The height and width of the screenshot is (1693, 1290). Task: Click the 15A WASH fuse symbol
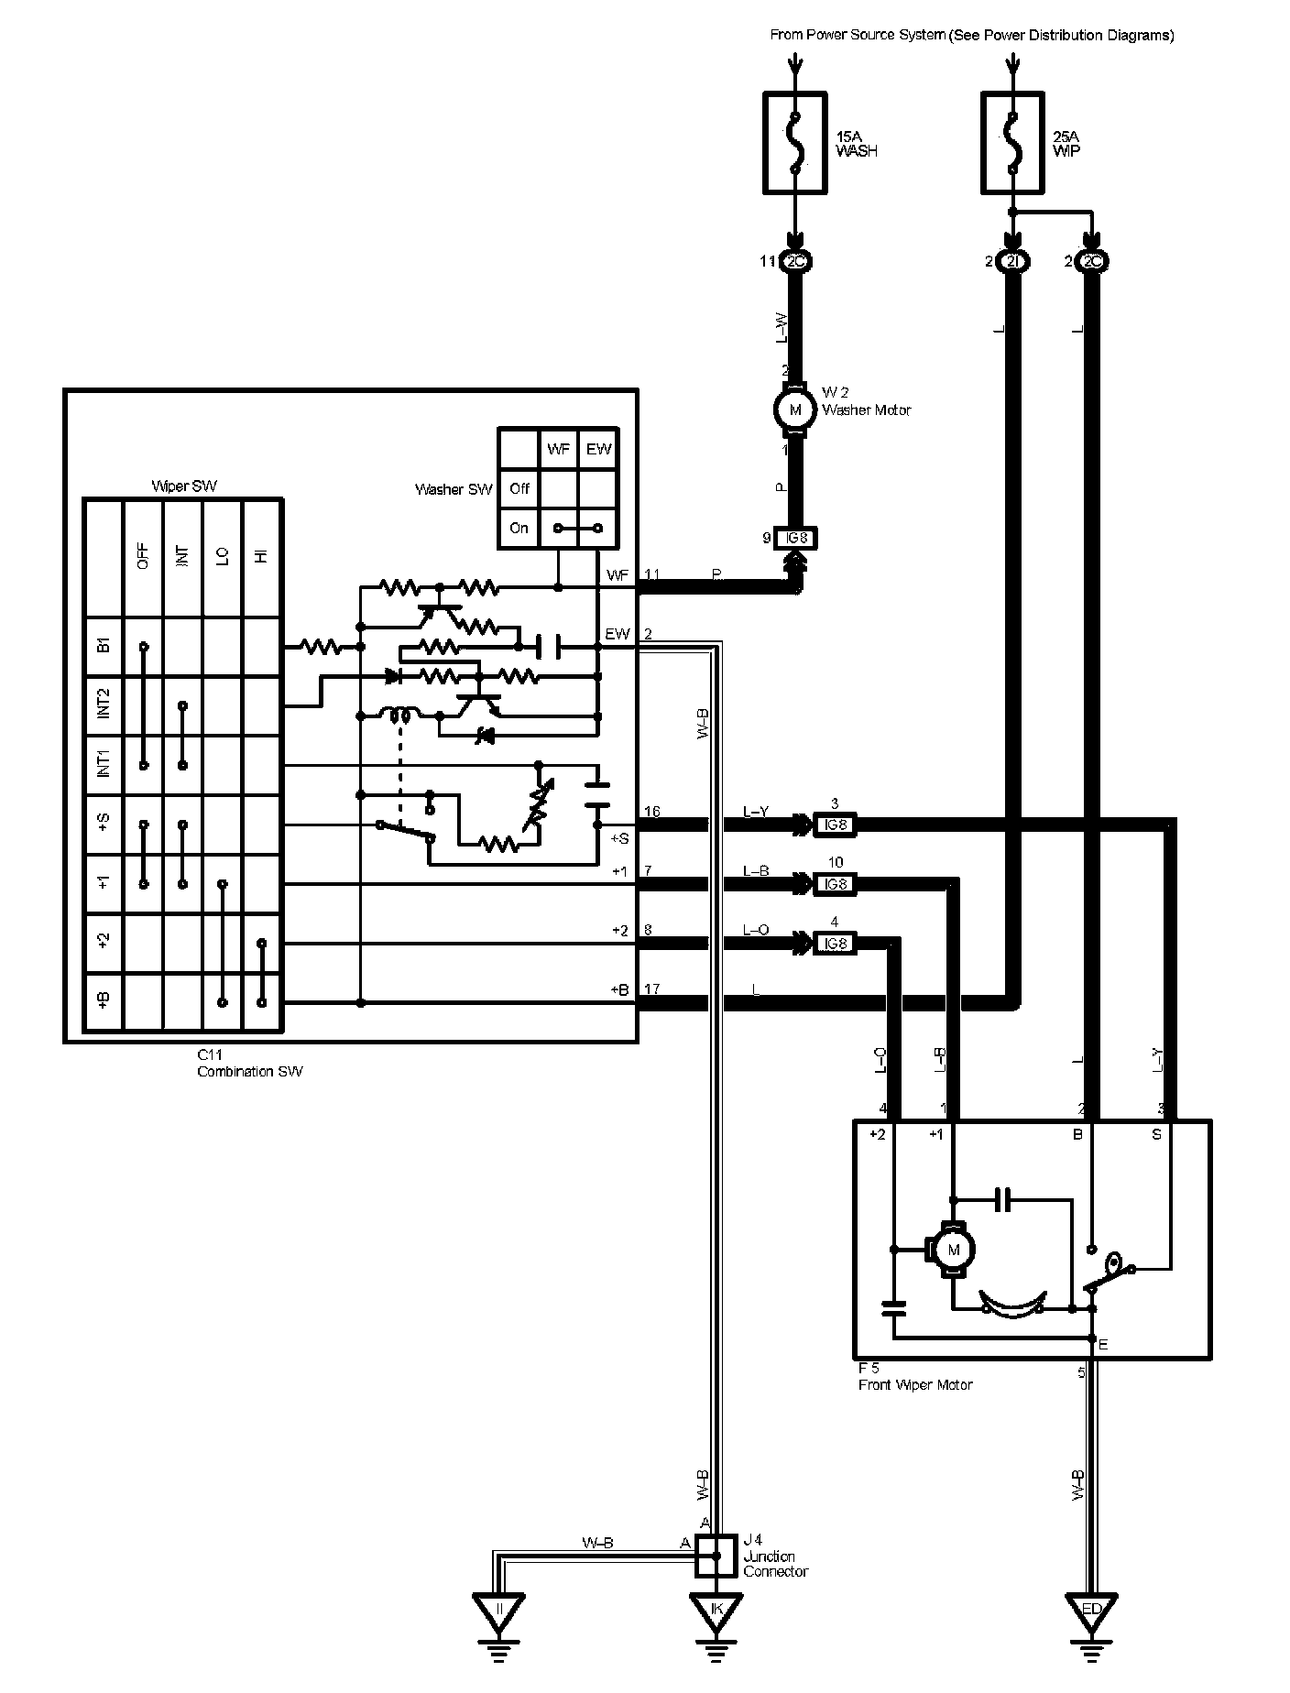click(795, 142)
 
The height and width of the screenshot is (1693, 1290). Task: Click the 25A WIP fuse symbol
click(1012, 142)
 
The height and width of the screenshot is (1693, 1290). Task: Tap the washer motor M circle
click(795, 409)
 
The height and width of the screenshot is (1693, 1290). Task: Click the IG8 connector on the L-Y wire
click(835, 825)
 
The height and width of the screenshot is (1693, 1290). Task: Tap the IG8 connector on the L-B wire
click(835, 884)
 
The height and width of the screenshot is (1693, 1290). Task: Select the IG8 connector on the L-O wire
click(835, 944)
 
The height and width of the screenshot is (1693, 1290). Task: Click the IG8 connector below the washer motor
click(795, 539)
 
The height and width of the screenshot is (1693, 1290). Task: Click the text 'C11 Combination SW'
click(249, 1064)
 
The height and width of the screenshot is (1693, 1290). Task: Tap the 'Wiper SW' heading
click(184, 486)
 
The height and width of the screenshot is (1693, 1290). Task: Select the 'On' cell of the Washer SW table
click(519, 529)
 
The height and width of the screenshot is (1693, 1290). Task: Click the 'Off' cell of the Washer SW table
click(519, 488)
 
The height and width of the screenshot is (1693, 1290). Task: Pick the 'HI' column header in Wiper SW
click(262, 555)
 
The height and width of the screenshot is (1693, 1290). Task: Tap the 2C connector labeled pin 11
click(795, 262)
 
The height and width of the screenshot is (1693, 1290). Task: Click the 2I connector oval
click(1012, 262)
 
